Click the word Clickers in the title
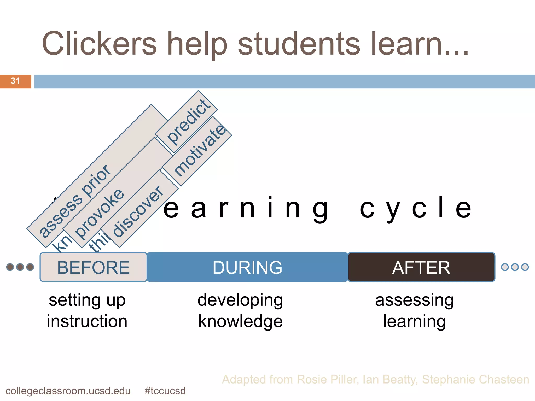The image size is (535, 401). tap(99, 44)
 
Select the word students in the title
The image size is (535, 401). tap(299, 44)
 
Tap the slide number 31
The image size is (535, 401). tap(15, 81)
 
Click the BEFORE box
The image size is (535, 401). tap(93, 267)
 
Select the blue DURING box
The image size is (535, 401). tap(247, 267)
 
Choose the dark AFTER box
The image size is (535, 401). tap(421, 267)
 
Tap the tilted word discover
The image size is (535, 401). tap(138, 211)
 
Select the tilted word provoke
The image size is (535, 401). tap(99, 214)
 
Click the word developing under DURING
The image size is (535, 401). tap(240, 300)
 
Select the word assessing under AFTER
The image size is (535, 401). tap(414, 300)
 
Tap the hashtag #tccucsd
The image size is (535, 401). tap(165, 391)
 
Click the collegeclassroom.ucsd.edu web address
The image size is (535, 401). tap(68, 391)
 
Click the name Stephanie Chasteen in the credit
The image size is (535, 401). tap(475, 379)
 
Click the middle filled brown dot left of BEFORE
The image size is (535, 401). tap(20, 267)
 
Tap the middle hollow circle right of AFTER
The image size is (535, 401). tap(515, 267)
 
